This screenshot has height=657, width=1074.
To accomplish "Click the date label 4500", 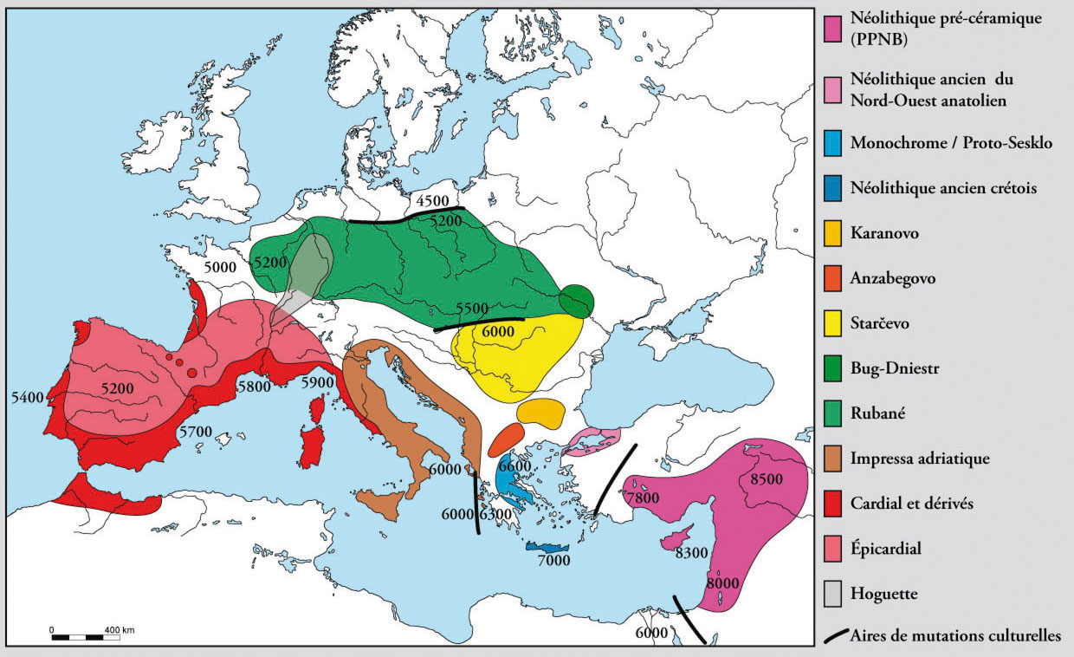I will (430, 202).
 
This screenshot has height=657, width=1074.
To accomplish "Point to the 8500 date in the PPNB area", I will (765, 478).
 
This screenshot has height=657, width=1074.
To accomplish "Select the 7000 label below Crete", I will (553, 561).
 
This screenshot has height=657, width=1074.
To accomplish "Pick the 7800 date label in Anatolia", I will (642, 498).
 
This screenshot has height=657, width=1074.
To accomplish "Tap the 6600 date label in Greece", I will (514, 466).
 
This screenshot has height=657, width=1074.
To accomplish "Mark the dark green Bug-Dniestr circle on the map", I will (577, 301).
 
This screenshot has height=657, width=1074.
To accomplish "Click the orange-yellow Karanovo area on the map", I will (541, 412).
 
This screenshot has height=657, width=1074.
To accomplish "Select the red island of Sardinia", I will (311, 443).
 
